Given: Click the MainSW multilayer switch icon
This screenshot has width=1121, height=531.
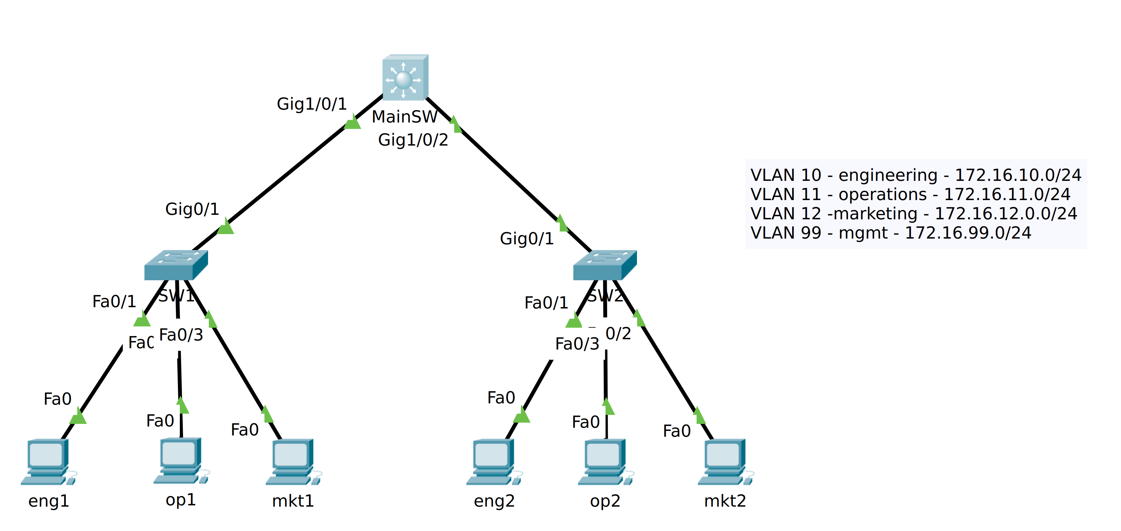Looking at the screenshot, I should coord(405,78).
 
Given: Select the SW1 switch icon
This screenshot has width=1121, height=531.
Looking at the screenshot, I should coord(176,265).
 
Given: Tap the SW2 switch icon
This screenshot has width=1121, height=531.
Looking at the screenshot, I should coord(605,265).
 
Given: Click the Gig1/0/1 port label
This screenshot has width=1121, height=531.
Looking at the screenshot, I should coord(312,104).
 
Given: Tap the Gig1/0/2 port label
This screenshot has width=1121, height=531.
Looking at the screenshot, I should coord(413,140).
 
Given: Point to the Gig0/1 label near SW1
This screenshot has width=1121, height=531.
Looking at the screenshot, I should coord(192,209).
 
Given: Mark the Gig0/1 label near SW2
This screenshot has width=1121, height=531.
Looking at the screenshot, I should coord(527,239).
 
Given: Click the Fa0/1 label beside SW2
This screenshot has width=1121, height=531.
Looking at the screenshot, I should coord(546,302).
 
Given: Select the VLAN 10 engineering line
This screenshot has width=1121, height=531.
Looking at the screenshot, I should coord(916,175).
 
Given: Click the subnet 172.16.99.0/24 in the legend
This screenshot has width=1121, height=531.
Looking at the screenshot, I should coord(968,233).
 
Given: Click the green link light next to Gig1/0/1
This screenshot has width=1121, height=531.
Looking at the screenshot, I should coord(353,122).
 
